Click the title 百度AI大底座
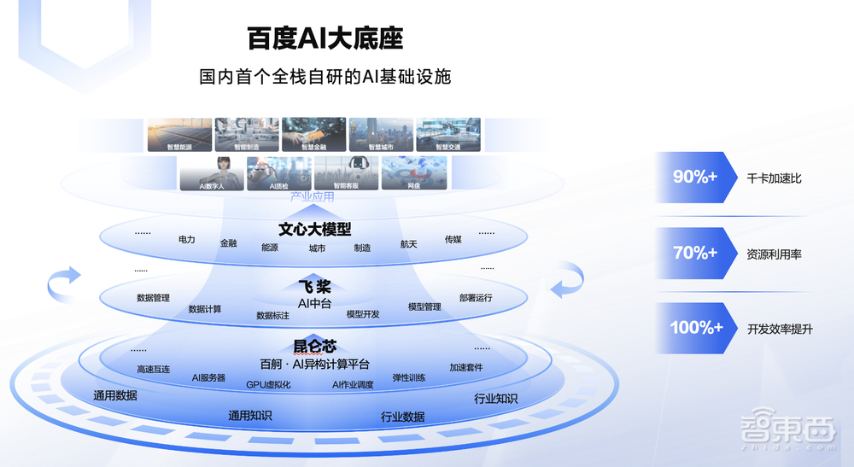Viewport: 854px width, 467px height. [x=325, y=38]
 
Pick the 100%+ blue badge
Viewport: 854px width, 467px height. [x=696, y=328]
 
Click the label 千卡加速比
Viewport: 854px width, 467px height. [x=774, y=178]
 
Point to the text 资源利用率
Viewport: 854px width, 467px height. [x=774, y=254]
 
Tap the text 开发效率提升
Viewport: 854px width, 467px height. [x=780, y=329]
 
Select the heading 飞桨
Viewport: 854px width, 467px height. [x=314, y=287]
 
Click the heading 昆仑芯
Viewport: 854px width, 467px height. [x=314, y=346]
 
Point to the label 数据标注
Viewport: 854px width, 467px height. [x=272, y=315]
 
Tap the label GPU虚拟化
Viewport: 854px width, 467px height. [x=268, y=384]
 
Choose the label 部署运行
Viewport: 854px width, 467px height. [x=476, y=298]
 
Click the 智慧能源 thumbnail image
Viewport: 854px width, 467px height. [x=179, y=135]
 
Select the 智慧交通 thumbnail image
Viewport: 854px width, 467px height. [x=448, y=135]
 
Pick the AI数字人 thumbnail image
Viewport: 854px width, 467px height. [x=211, y=172]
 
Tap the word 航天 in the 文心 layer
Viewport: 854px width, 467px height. [x=408, y=244]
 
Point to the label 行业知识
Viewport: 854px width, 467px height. [x=495, y=399]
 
